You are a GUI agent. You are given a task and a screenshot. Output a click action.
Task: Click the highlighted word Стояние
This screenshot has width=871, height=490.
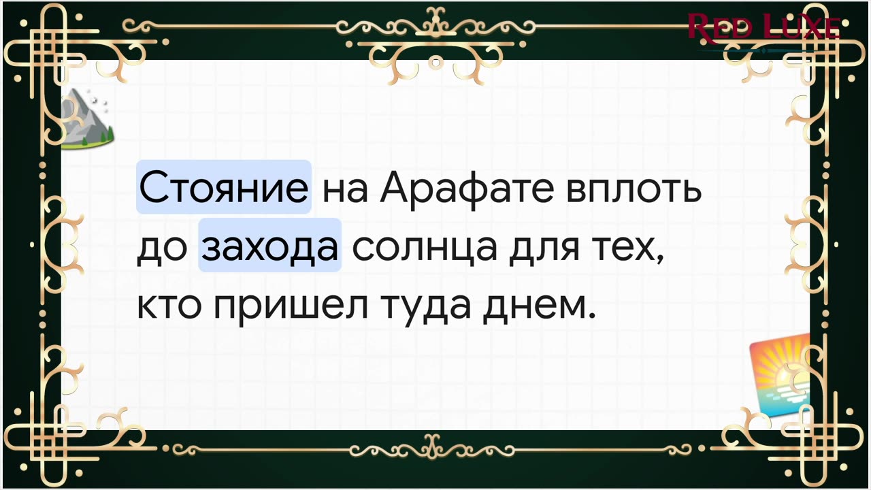224,187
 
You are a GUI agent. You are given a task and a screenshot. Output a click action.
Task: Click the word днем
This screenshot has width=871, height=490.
535,307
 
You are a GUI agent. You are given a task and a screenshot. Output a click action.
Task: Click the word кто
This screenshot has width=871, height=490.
169,306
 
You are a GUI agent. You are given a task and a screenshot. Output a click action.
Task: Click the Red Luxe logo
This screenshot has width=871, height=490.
763,28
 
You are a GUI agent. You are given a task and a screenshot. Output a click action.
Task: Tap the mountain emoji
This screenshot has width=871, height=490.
87,118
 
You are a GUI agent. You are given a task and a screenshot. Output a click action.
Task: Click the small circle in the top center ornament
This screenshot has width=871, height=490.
436,62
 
